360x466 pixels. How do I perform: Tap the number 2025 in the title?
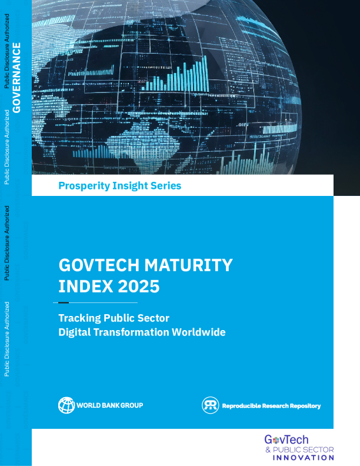coord(138,287)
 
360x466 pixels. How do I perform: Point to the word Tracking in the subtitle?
coord(79,318)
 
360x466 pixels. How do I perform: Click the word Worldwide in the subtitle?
coord(198,332)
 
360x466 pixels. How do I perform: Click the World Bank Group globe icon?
coord(66,405)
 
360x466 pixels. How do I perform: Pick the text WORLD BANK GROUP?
coord(110,405)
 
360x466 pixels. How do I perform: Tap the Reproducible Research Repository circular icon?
coord(210,405)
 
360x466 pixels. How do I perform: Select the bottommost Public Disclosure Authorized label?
coord(6,339)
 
